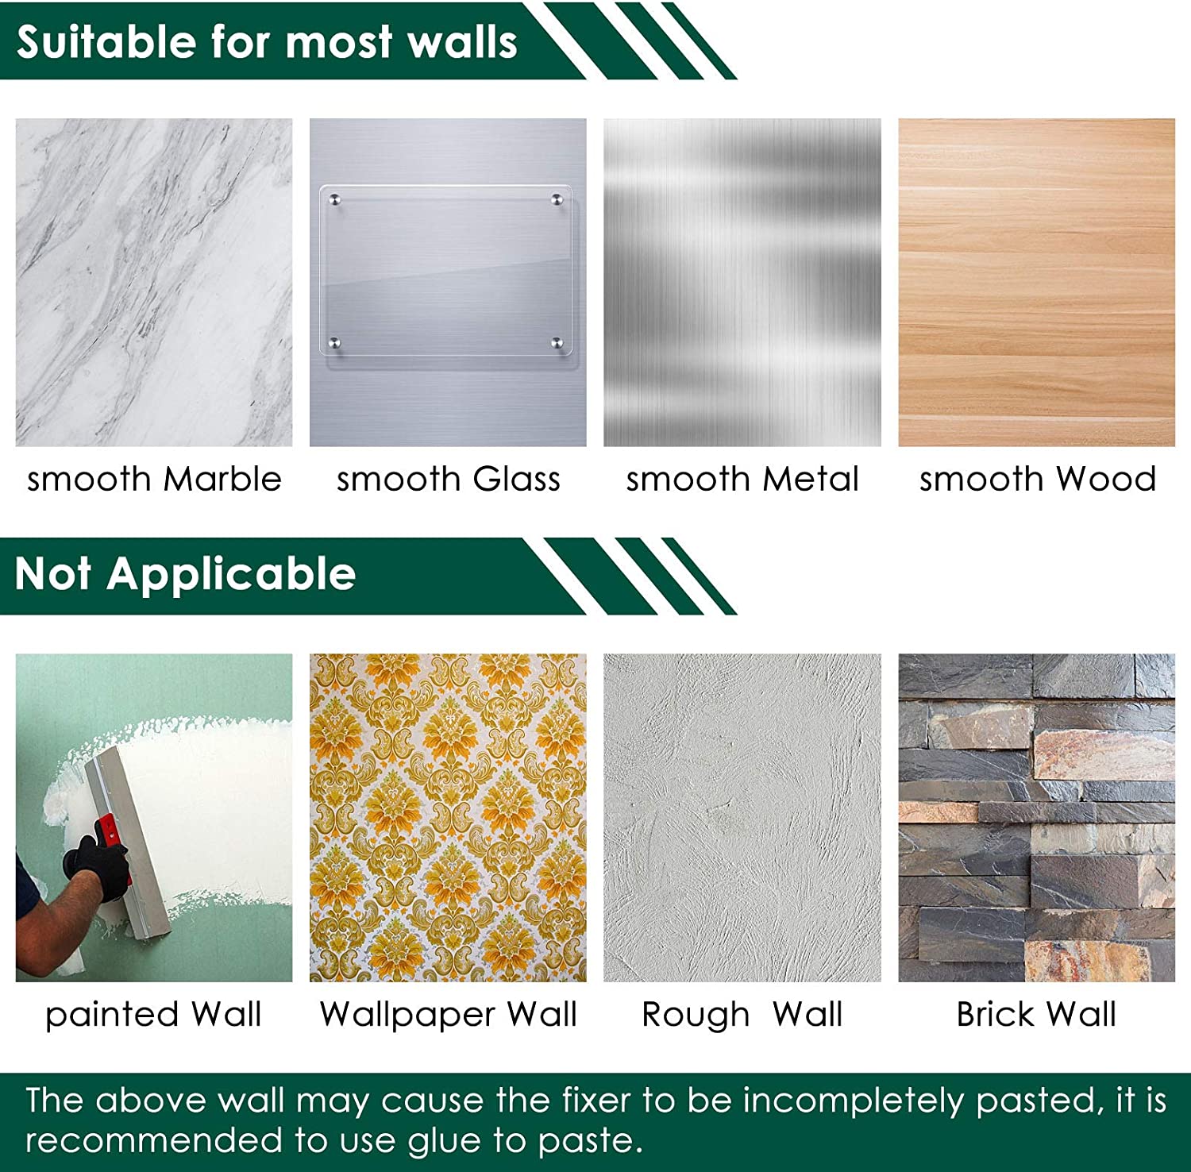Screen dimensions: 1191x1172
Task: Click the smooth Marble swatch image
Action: pos(154,282)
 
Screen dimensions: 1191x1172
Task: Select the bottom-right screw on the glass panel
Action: pos(557,343)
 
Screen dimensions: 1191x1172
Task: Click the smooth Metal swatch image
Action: pos(742,282)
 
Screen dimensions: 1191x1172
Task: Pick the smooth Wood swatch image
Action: pos(1037,282)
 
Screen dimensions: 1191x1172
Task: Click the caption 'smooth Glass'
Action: pos(449,479)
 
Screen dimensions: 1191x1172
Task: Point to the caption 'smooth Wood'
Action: pos(1038,479)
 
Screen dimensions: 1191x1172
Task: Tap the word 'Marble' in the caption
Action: pos(222,479)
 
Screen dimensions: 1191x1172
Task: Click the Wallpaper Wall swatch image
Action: pos(448,818)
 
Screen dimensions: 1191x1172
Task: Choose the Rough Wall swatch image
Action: pos(742,818)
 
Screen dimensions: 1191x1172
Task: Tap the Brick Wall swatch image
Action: pos(1037,818)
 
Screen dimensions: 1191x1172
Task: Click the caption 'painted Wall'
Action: pos(153,1015)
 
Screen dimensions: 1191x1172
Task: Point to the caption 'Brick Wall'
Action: pos(1036,1014)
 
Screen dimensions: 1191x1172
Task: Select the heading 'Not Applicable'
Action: pos(185,574)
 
